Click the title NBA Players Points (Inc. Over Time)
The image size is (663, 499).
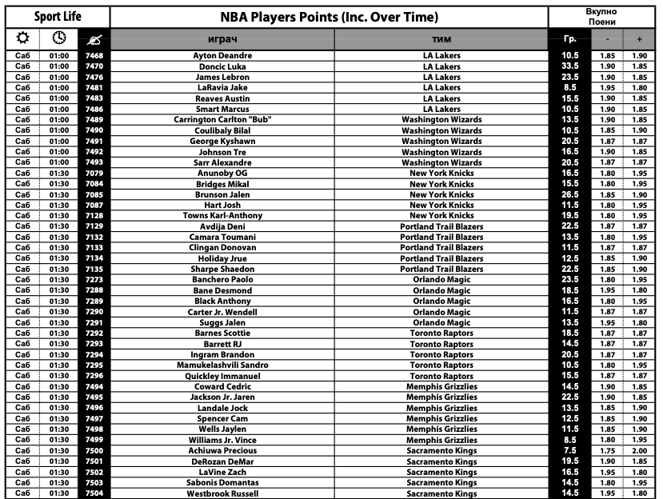coord(329,17)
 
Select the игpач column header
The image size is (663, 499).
coord(223,38)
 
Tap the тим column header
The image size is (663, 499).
coord(441,38)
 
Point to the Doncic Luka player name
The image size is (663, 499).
coord(223,66)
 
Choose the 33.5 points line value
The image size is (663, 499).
coord(570,66)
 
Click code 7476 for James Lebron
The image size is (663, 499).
coord(94,77)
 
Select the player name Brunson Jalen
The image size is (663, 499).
coord(223,194)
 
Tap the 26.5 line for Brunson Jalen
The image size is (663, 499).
coord(570,194)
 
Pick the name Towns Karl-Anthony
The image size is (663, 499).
coord(223,216)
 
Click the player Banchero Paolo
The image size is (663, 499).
coord(223,280)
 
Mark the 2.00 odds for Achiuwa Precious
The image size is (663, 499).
coord(639,450)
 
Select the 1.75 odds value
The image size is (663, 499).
coord(608,450)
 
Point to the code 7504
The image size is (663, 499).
coord(94,493)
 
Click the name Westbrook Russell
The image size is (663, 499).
coord(223,493)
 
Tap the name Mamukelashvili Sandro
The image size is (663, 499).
coord(223,365)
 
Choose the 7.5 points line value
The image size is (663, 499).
coord(570,450)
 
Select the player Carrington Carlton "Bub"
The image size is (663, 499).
coord(223,120)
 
